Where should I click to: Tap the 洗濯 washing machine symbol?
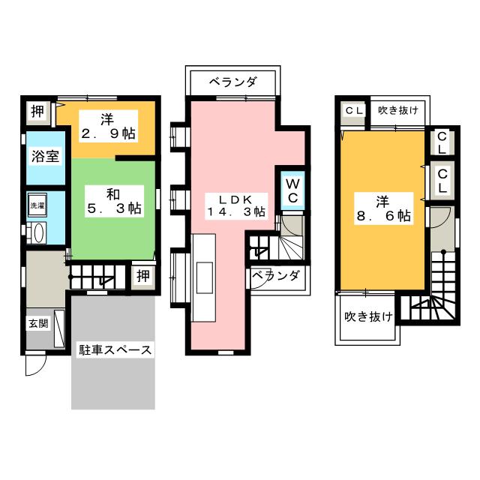37,205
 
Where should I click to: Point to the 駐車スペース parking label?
115,349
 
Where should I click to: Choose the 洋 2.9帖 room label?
109,127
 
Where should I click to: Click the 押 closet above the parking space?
142,276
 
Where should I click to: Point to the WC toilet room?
292,189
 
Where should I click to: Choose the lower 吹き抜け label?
368,317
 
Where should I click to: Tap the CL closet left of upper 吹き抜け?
353,110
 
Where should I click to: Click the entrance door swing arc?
34,365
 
